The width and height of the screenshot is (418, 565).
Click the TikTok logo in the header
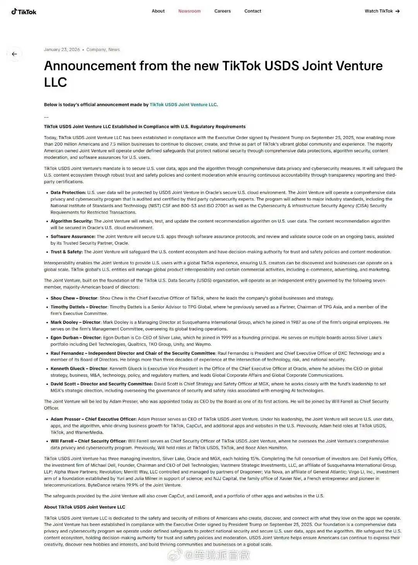click(24, 12)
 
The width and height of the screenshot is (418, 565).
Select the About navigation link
click(158, 11)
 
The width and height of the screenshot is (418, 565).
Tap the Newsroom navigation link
click(189, 11)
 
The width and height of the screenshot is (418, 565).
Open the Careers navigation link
click(223, 11)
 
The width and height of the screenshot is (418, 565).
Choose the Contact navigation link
click(253, 11)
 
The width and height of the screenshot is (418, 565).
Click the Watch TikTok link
click(382, 11)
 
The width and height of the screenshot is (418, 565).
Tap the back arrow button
click(14, 54)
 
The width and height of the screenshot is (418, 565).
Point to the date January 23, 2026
click(62, 49)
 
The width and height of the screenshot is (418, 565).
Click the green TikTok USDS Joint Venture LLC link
click(183, 105)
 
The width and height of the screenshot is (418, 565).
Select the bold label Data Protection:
click(68, 192)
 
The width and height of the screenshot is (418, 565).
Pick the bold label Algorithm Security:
click(72, 221)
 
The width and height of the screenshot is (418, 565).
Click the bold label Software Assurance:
click(73, 237)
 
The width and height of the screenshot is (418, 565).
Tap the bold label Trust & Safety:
click(67, 252)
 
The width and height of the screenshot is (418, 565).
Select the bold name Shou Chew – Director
click(74, 298)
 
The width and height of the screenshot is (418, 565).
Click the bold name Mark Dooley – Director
click(75, 322)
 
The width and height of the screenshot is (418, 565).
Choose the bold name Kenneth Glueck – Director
click(79, 369)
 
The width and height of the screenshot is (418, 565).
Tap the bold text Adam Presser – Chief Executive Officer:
click(94, 419)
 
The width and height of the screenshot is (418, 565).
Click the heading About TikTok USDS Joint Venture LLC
click(84, 507)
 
